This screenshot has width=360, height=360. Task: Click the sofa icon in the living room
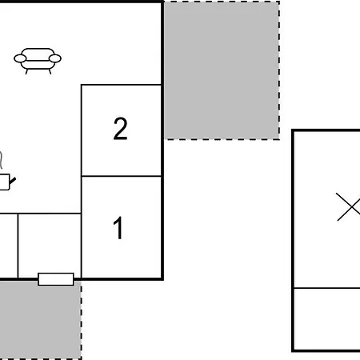[38, 61]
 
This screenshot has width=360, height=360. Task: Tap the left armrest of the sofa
[20, 58]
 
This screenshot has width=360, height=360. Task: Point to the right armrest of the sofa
[55, 58]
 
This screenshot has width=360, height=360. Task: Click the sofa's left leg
[26, 71]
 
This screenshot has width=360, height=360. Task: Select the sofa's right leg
[50, 71]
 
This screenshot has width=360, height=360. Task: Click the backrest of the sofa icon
[38, 52]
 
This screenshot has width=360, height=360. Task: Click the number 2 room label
[120, 129]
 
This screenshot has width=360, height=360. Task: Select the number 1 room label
[118, 228]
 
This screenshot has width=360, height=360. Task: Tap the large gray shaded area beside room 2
[222, 70]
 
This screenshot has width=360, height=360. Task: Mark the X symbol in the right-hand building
[349, 206]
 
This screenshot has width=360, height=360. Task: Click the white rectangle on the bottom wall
[56, 279]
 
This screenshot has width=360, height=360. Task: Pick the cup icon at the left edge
[5, 182]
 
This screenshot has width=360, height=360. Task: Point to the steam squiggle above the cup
[2, 160]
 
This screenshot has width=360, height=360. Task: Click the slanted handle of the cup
[13, 181]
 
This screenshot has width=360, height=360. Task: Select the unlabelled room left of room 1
[50, 246]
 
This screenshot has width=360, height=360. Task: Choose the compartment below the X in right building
[327, 318]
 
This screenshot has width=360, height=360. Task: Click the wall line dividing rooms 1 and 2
[122, 176]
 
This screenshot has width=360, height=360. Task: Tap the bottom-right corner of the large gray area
[279, 139]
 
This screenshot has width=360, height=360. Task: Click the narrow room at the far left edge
[9, 246]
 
